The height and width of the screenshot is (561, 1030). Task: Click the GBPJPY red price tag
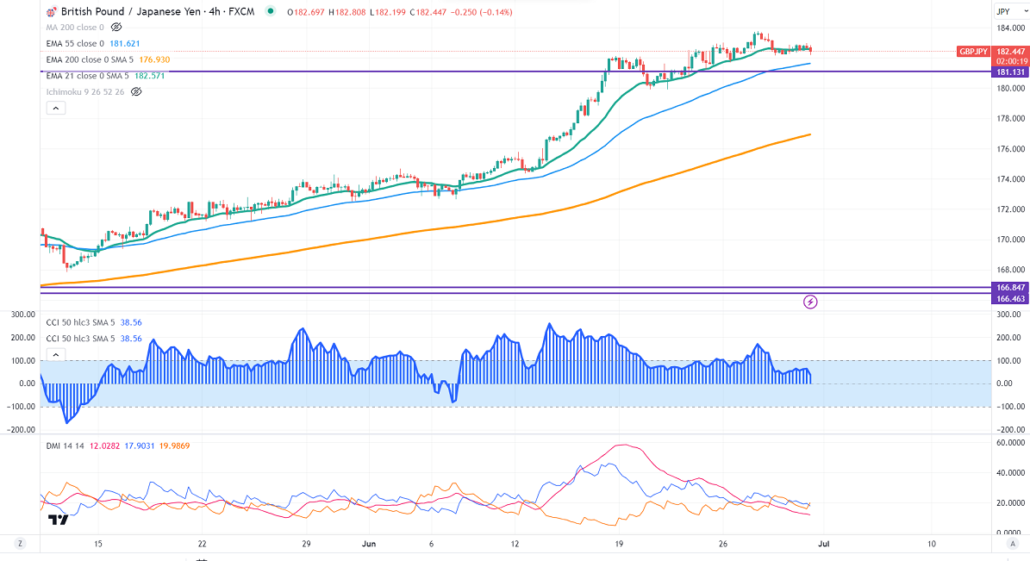pos(974,52)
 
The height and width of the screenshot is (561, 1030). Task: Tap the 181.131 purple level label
pos(1009,72)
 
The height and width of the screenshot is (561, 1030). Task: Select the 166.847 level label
pos(1009,287)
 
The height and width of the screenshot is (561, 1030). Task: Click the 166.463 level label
pos(1009,297)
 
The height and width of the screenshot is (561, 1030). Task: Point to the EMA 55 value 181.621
pos(125,43)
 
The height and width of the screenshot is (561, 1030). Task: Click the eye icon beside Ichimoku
pos(136,91)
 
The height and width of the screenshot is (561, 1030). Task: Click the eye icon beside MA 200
pos(116,28)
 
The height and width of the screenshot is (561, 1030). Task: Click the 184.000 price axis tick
pos(1009,28)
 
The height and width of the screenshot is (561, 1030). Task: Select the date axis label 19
pos(619,544)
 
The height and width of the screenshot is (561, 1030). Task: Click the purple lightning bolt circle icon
pos(810,302)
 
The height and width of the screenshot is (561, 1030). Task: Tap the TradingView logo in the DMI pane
pos(58,520)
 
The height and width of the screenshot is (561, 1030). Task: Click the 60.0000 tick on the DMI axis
pos(1011,442)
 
